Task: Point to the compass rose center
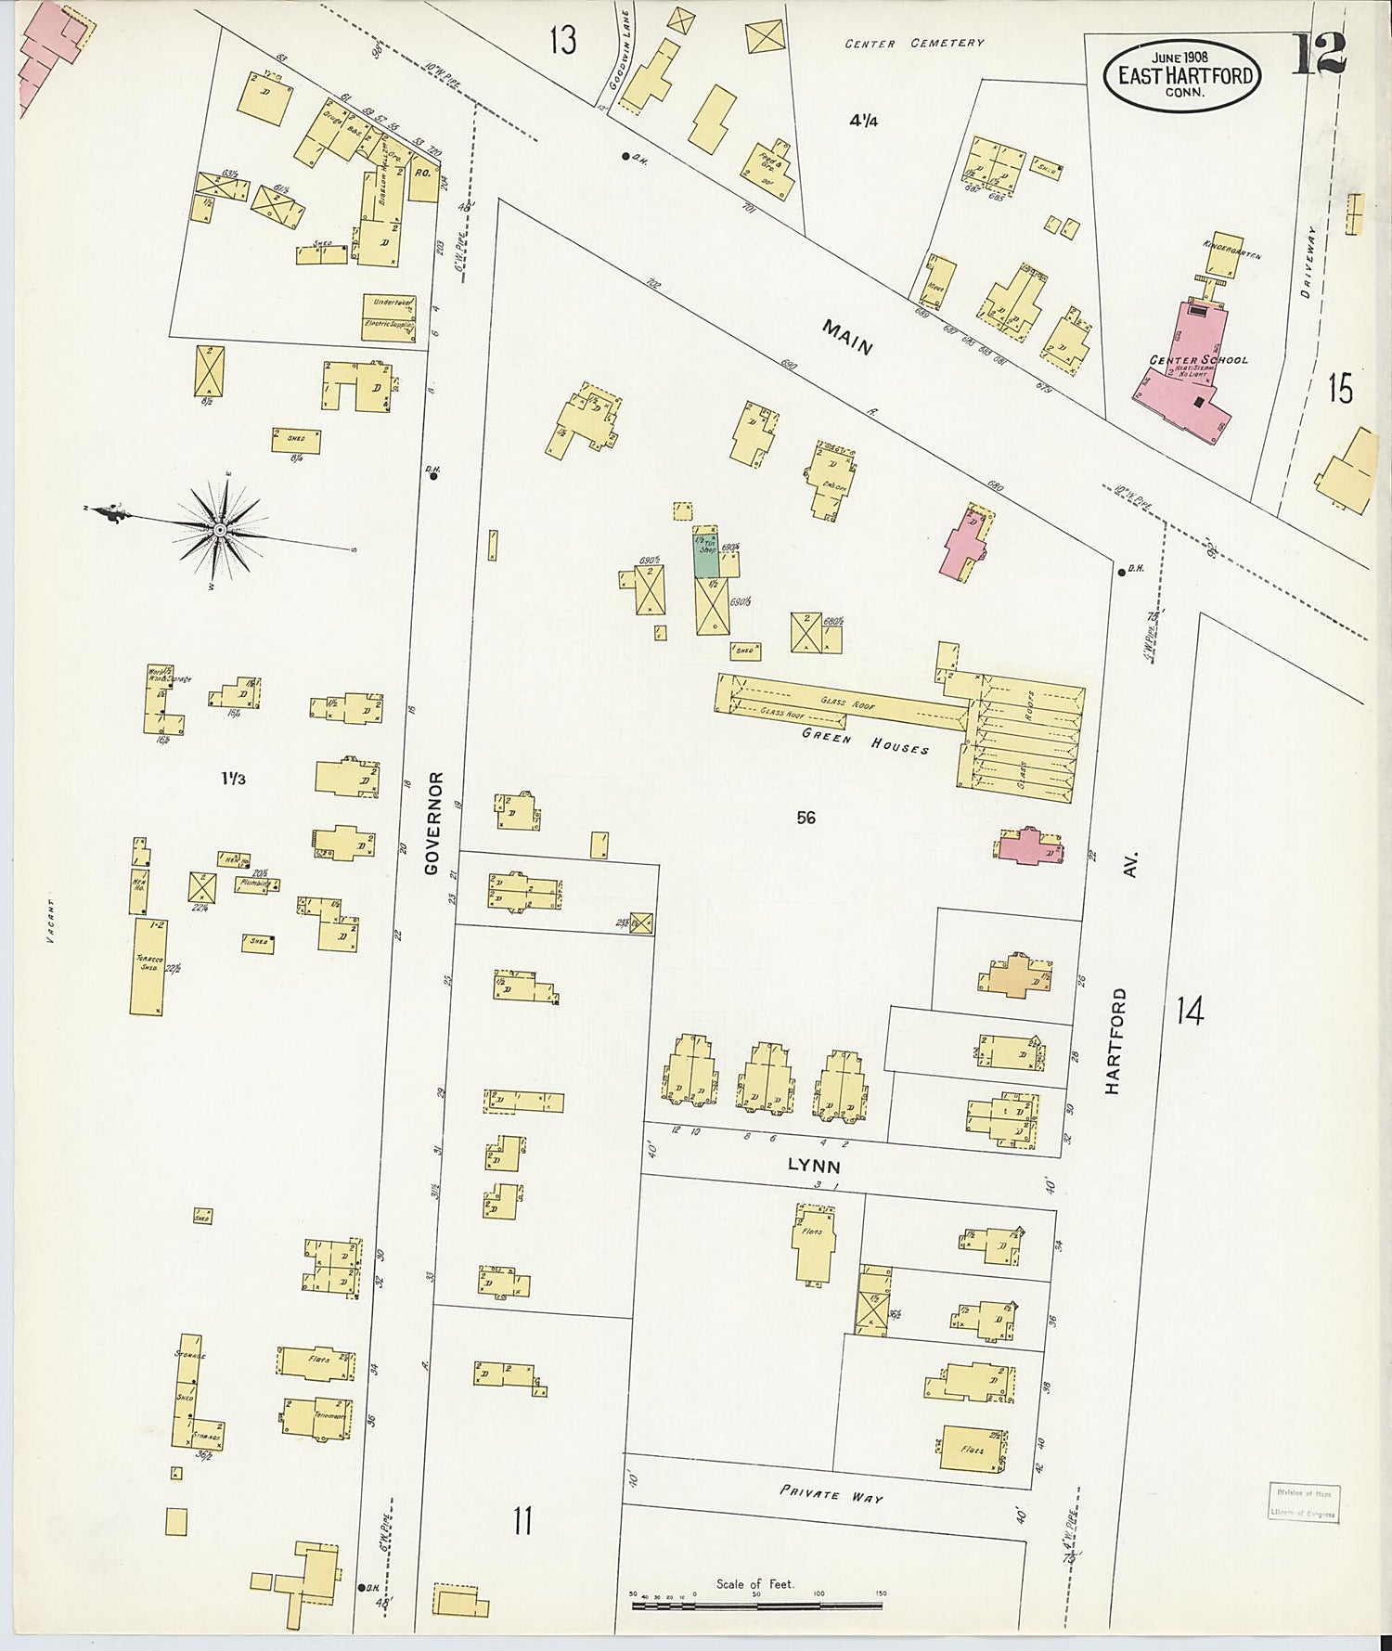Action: [220, 530]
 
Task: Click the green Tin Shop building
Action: [705, 556]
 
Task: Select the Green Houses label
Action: [866, 741]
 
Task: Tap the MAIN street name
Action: [846, 337]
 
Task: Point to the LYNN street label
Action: [814, 1167]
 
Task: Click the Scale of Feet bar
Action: [756, 1605]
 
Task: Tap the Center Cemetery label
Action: [914, 44]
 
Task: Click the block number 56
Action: [806, 818]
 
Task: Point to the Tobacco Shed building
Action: [148, 966]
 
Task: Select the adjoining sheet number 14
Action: [1190, 1011]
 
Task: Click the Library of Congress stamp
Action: [1303, 1501]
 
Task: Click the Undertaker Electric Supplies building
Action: [389, 317]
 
